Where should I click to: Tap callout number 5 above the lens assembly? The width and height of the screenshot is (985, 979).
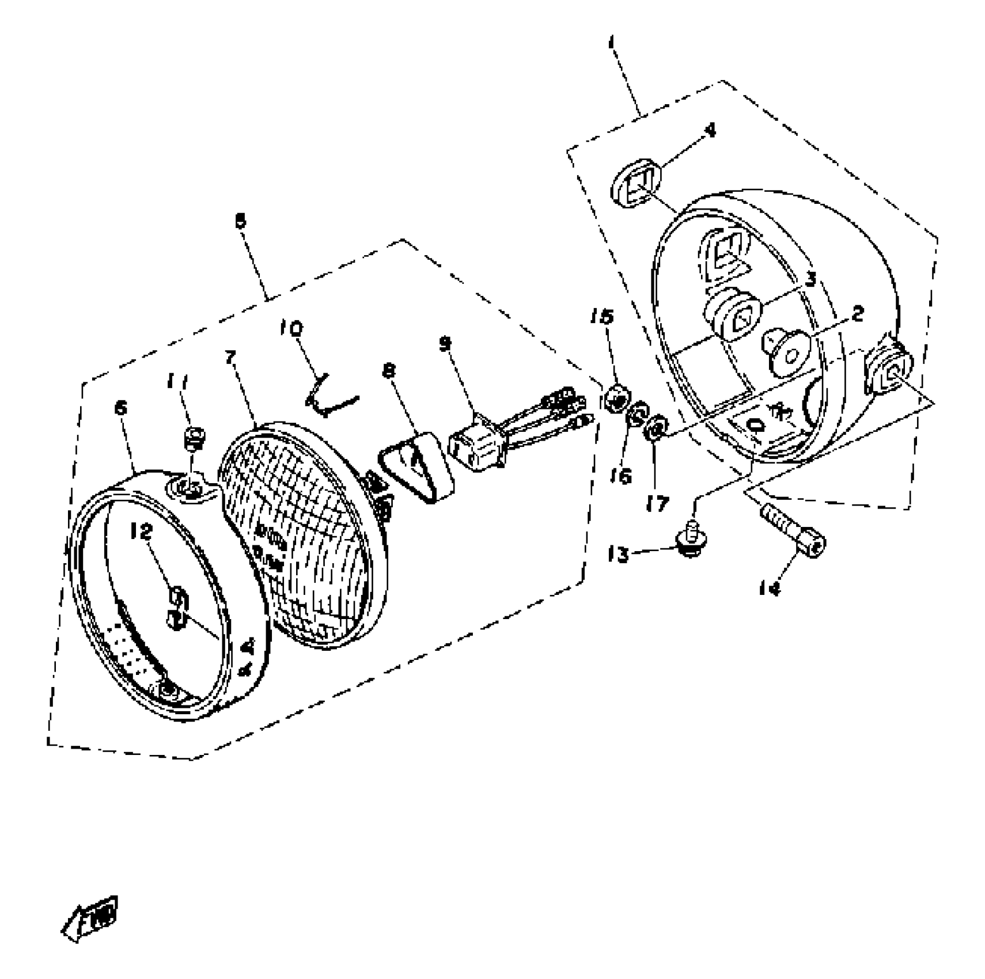pos(241,221)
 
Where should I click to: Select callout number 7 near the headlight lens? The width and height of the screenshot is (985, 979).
pos(230,357)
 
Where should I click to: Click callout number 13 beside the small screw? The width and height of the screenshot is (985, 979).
pos(618,555)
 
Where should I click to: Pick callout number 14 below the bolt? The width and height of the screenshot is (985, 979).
pos(770,588)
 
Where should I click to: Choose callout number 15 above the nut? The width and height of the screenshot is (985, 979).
pos(603,316)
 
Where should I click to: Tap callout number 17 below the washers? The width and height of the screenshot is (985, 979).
pos(657,503)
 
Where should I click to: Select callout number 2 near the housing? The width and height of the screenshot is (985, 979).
pos(857,314)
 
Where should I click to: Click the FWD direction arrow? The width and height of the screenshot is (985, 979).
pos(91,918)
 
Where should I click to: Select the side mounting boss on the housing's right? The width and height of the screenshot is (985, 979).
pos(891,371)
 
